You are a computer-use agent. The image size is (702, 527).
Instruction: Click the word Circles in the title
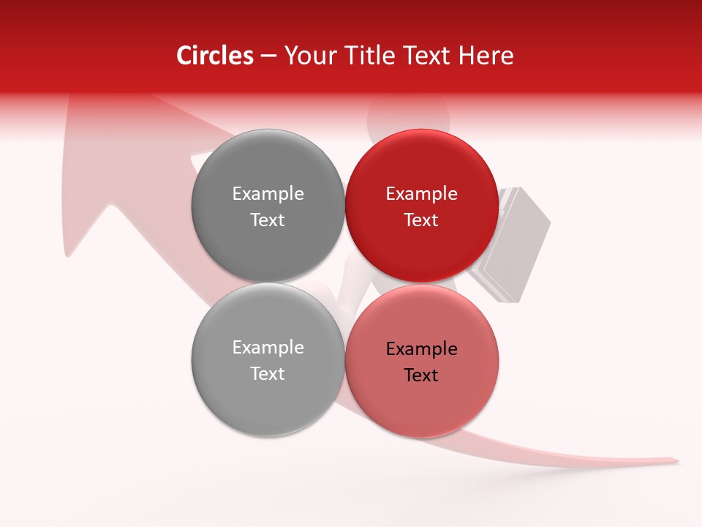[x=214, y=56]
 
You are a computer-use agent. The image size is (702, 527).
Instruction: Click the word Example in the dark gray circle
[x=268, y=194]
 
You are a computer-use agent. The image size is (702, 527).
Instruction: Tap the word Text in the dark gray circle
[x=268, y=220]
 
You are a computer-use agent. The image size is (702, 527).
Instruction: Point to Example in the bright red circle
[x=421, y=194]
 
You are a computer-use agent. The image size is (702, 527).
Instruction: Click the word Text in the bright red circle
[x=421, y=220]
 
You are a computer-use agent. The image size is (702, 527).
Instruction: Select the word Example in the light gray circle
[x=268, y=348]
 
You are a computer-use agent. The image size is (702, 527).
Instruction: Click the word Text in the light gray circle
[x=268, y=374]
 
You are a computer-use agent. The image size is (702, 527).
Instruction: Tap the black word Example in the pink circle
[x=421, y=349]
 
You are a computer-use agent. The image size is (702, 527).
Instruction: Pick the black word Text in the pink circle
[x=421, y=375]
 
